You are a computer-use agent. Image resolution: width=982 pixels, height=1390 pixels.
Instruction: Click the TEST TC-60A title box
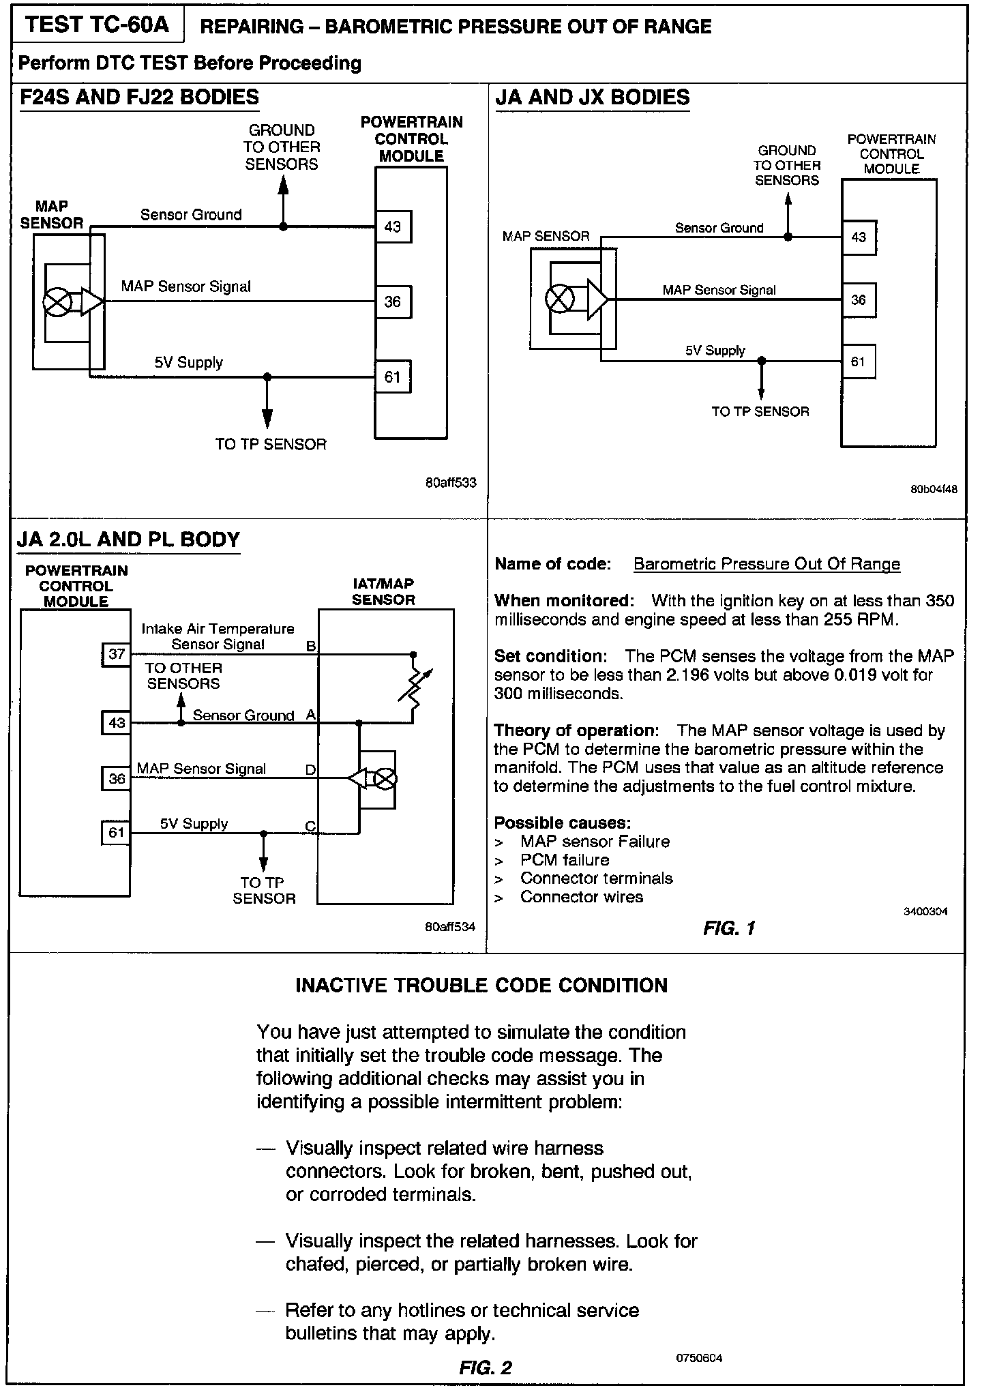[x=97, y=25]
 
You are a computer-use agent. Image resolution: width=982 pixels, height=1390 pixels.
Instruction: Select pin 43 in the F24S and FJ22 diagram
[x=393, y=226]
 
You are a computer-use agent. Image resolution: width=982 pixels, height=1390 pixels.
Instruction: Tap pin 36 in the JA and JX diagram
[x=859, y=299]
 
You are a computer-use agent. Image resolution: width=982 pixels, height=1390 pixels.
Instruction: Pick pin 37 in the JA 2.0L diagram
[x=117, y=654]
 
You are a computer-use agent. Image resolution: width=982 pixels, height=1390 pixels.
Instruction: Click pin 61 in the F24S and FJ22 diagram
[x=393, y=377]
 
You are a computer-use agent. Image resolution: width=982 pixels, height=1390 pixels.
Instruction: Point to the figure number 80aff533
[x=450, y=483]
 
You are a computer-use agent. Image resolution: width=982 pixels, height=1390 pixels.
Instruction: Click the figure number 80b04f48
[x=934, y=489]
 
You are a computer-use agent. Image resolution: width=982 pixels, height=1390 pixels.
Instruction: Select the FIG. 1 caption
[x=729, y=928]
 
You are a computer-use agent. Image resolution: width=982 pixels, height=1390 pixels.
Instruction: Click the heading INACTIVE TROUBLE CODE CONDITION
[x=481, y=986]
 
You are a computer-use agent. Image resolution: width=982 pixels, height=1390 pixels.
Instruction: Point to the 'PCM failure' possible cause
[x=564, y=860]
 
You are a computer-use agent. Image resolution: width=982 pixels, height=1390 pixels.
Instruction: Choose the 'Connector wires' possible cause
[x=581, y=897]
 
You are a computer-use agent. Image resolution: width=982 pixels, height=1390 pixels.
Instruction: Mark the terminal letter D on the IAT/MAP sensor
[x=310, y=770]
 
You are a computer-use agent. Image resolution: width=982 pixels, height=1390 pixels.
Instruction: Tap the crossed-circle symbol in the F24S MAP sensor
[x=56, y=301]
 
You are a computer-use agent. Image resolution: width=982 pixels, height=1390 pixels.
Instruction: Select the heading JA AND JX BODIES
[x=592, y=98]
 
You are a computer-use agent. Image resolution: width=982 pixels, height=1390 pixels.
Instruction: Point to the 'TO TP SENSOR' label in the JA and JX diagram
[x=760, y=411]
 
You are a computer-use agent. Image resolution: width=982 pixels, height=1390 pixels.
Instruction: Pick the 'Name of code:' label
[x=552, y=564]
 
